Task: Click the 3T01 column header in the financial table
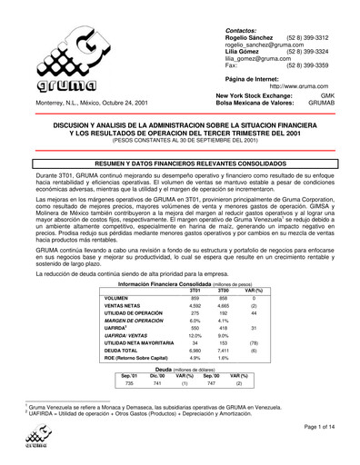(195, 264)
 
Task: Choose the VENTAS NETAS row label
(123, 282)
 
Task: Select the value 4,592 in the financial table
(195, 282)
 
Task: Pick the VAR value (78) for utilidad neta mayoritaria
(255, 316)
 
